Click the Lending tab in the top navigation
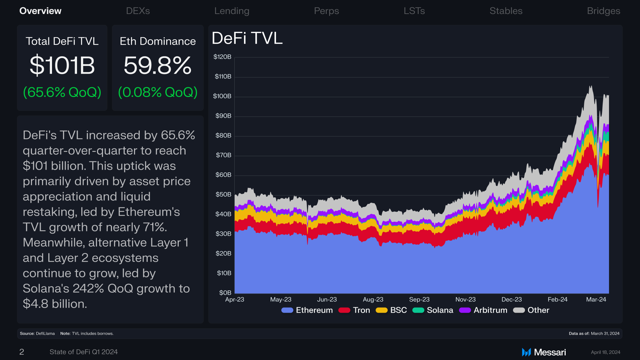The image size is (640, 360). pos(232,11)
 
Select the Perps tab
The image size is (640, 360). pos(326,11)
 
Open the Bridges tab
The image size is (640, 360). pos(603,11)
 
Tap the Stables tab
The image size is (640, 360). pos(506,11)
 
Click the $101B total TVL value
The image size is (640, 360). pos(62,65)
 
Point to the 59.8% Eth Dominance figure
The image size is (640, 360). pos(158,65)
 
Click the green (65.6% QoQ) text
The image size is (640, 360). pos(62,92)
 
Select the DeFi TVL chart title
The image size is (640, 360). pos(247,38)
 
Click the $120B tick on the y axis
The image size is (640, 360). pos(222,57)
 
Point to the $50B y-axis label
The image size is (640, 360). pos(223,194)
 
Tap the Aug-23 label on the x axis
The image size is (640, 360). pos(373,299)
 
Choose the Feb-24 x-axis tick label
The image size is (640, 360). pos(558,299)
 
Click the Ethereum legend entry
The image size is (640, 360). pos(307,310)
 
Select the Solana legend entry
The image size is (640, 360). pos(433,310)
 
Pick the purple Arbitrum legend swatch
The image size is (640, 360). pos(465,310)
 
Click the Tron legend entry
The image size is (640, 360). pos(354,310)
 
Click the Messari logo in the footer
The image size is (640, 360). pos(544,352)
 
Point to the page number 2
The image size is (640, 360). pos(22,352)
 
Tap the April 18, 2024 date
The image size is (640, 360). pos(606,352)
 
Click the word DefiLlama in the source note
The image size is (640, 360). pos(45,333)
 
